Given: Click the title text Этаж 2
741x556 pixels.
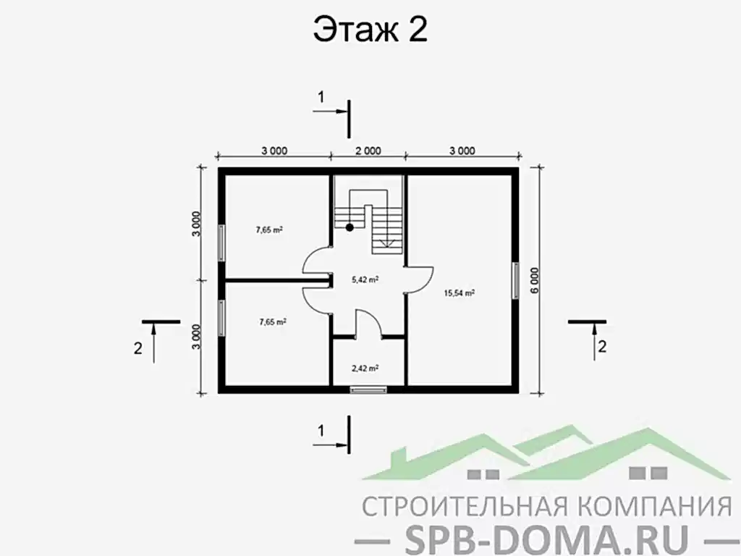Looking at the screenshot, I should pyautogui.click(x=370, y=31).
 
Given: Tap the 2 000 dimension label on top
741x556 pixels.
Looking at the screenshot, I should pyautogui.click(x=367, y=151).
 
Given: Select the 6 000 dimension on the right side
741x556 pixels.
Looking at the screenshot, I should pyautogui.click(x=535, y=279).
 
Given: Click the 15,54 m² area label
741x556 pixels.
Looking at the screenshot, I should pyautogui.click(x=459, y=293).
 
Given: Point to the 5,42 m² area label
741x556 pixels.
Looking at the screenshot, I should pyautogui.click(x=365, y=279).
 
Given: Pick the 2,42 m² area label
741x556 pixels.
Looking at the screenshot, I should pyautogui.click(x=365, y=368).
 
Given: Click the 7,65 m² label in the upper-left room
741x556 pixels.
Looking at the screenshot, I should pyautogui.click(x=268, y=230).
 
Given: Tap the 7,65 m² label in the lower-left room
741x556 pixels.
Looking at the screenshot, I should pyautogui.click(x=272, y=322).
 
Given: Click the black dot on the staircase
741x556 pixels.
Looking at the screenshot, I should pyautogui.click(x=350, y=227).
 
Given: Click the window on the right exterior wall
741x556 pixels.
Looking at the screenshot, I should pyautogui.click(x=516, y=279).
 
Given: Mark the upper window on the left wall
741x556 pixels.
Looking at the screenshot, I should pyautogui.click(x=221, y=241).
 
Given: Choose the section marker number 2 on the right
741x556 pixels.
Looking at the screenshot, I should pyautogui.click(x=601, y=345).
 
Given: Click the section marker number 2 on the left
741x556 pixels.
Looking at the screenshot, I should pyautogui.click(x=137, y=347).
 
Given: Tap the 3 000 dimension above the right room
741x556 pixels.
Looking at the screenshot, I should pyautogui.click(x=462, y=151).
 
